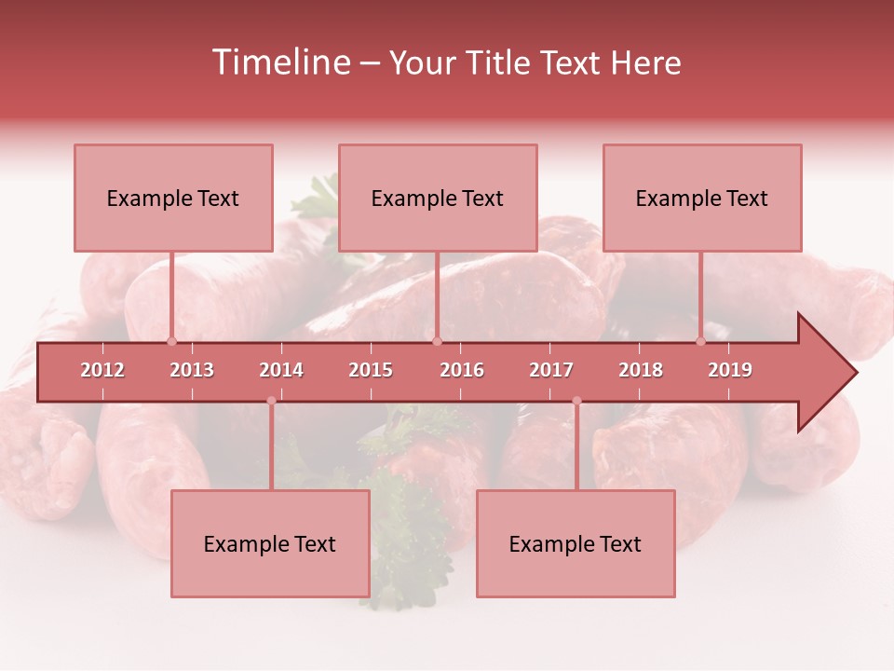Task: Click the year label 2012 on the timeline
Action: pos(102,370)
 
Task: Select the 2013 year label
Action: pos(192,370)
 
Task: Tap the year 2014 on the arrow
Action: pos(281,370)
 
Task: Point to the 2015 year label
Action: pos(371,370)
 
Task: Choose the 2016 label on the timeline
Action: pos(462,370)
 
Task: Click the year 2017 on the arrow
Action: pos(551,370)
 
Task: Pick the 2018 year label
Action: pos(641,370)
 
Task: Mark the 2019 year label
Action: pos(730,370)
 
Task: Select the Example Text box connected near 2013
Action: pos(173,198)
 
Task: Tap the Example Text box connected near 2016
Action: pos(438,198)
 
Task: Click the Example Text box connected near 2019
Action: pos(702,198)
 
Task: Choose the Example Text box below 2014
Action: pos(270,543)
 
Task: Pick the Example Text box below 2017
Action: pos(576,543)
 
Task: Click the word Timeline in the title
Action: pos(280,62)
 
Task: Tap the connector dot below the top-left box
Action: pos(171,341)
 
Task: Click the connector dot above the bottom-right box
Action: pos(576,401)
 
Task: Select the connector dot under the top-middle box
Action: pos(437,341)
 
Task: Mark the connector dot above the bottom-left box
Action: pos(271,401)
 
